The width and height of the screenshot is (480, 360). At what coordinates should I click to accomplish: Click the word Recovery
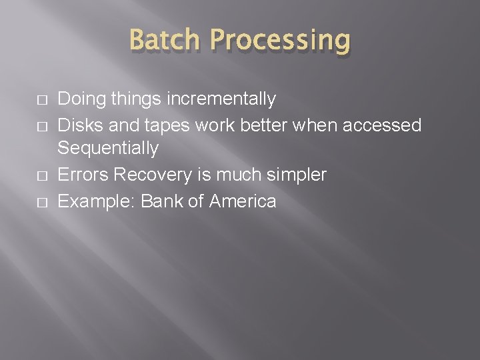[153, 175]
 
